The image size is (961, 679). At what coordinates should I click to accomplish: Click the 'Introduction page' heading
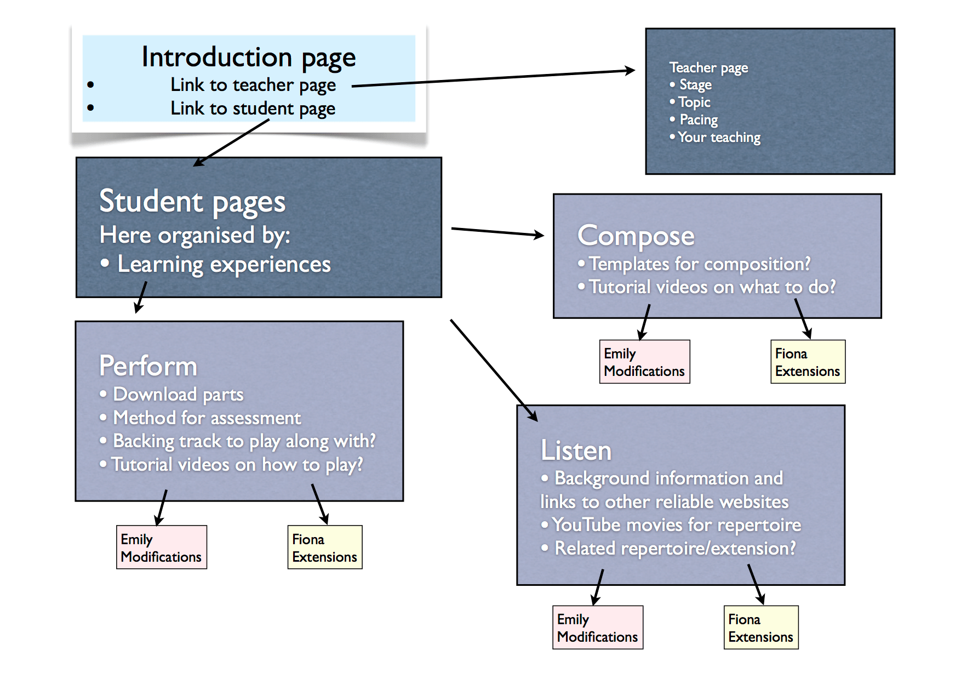[249, 58]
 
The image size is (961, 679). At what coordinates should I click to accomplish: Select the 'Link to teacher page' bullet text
[253, 85]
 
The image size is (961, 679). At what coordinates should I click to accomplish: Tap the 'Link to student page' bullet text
[253, 109]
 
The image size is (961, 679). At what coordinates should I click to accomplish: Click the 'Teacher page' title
[708, 68]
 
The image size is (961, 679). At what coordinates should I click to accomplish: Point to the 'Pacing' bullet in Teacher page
[699, 119]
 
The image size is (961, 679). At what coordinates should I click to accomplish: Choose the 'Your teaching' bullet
[719, 137]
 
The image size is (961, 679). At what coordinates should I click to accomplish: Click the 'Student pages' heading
[192, 202]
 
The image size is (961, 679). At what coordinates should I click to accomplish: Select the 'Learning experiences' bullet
[224, 265]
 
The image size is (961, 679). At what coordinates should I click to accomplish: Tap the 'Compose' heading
[636, 236]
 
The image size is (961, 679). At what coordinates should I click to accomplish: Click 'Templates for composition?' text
[700, 264]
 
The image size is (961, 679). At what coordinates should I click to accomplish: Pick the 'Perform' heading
[148, 366]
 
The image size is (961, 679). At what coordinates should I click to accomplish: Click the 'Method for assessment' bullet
[207, 418]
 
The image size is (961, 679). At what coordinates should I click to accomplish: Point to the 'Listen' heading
[576, 450]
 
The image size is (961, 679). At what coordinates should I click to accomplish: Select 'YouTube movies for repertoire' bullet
[677, 525]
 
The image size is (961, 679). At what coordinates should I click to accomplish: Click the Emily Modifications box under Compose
[644, 362]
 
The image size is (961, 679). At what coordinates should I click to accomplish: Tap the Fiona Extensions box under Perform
[325, 547]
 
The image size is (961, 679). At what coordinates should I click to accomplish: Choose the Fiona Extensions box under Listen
[761, 627]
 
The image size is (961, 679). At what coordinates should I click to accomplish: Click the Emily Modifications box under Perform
[162, 547]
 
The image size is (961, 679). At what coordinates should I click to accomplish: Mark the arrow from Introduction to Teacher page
[493, 78]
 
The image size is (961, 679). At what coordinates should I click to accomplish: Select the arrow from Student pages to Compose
[497, 232]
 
